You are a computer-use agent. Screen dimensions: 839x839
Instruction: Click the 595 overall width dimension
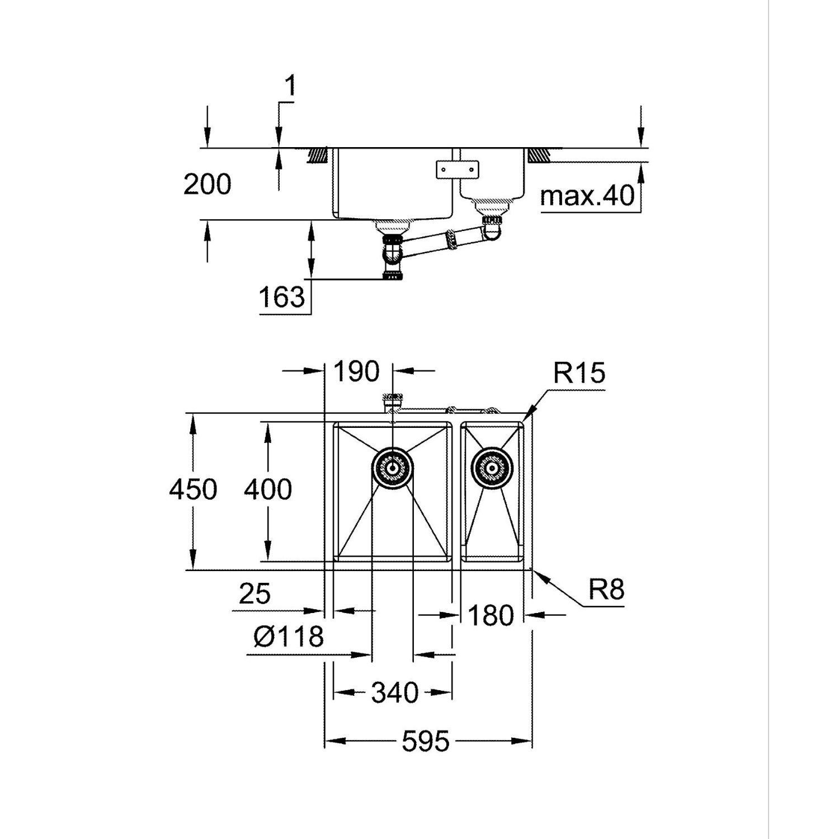pyautogui.click(x=425, y=742)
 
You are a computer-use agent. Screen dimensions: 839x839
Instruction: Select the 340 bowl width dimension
pyautogui.click(x=395, y=693)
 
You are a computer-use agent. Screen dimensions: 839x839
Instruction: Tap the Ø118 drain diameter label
pyautogui.click(x=289, y=637)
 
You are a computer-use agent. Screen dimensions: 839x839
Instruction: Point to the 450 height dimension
pyautogui.click(x=193, y=490)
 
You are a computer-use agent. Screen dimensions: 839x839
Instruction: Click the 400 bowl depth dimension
pyautogui.click(x=268, y=490)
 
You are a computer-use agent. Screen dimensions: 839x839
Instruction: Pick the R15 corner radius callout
pyautogui.click(x=579, y=373)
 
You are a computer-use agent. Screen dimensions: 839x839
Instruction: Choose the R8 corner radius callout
pyautogui.click(x=606, y=589)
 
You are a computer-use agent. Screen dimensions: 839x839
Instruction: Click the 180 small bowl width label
pyautogui.click(x=491, y=616)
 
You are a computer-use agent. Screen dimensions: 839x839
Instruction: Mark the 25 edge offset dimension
pyautogui.click(x=254, y=594)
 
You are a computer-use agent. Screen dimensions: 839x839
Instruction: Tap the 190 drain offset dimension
pyautogui.click(x=357, y=371)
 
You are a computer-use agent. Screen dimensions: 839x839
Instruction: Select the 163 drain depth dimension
pyautogui.click(x=282, y=297)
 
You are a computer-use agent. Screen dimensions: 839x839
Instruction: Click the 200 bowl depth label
pyautogui.click(x=208, y=185)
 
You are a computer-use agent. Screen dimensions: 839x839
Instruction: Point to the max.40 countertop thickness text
pyautogui.click(x=588, y=196)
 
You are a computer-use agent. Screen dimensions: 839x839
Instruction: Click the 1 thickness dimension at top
pyautogui.click(x=290, y=87)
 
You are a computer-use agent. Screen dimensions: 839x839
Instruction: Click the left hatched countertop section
pyautogui.click(x=318, y=154)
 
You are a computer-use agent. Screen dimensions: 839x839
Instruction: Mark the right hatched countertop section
pyautogui.click(x=538, y=154)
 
